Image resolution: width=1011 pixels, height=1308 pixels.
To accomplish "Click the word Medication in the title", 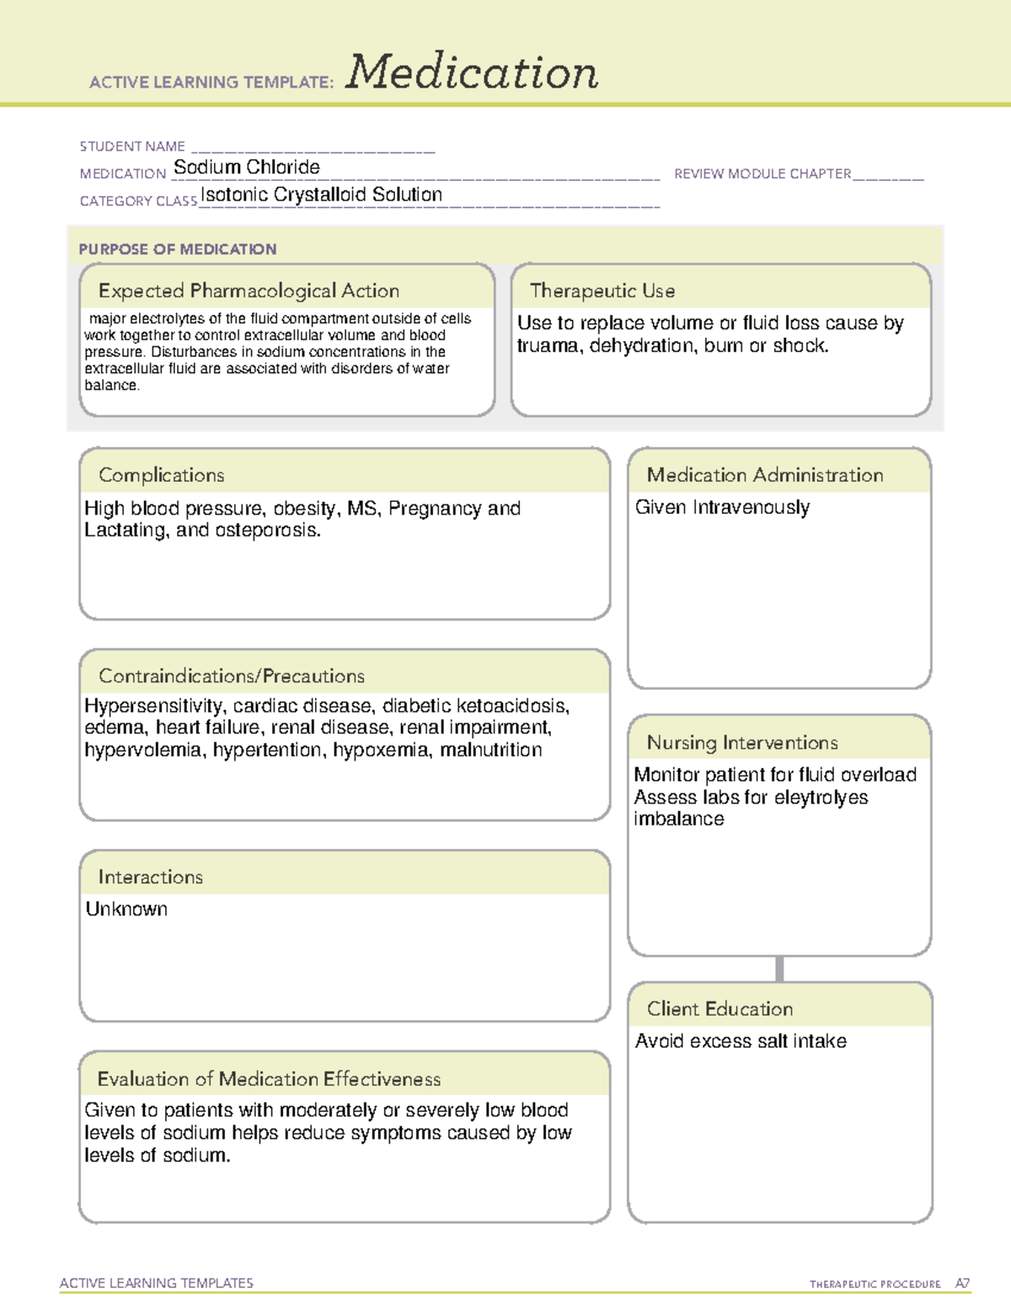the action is (x=472, y=72).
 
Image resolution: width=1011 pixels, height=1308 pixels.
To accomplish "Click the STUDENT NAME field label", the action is (x=132, y=147).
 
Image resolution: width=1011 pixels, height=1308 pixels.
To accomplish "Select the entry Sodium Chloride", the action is (x=246, y=168).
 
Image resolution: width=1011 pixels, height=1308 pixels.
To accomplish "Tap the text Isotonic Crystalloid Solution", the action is (x=321, y=195).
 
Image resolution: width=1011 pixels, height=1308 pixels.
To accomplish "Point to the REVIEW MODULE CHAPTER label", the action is (x=762, y=174).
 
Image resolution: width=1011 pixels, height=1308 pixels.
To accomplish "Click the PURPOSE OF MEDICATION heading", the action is (x=178, y=249).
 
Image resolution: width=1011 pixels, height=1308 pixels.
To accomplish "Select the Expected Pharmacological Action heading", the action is (x=249, y=291).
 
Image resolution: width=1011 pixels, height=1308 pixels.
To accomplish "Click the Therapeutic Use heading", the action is (x=602, y=291).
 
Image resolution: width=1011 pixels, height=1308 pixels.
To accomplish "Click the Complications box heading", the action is (x=162, y=475).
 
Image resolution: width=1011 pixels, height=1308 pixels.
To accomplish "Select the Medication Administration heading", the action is (x=765, y=475).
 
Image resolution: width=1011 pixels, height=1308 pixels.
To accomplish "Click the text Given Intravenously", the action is (x=722, y=507).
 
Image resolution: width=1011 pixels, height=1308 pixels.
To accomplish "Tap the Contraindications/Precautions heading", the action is (x=232, y=675).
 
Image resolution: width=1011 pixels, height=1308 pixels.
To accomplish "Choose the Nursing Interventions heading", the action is (x=742, y=743).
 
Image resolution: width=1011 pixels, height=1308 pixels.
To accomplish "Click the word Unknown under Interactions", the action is (x=126, y=909).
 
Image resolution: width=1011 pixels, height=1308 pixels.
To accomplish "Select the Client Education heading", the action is (x=719, y=1009).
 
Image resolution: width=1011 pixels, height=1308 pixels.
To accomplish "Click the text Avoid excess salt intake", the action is (x=741, y=1041).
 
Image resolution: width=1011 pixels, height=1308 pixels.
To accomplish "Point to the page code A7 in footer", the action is (x=962, y=1284).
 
